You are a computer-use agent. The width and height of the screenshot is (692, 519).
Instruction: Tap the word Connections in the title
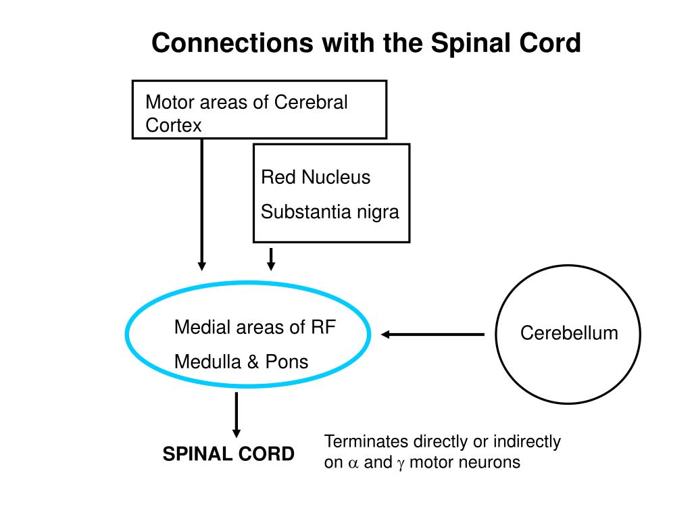232,43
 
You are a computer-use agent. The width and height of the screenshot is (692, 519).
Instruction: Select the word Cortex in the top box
174,125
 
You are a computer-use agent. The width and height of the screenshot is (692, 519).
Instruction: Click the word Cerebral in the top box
311,102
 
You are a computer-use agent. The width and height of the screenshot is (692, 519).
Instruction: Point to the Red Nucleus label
316,178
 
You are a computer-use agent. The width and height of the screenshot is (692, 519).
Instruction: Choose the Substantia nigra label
330,212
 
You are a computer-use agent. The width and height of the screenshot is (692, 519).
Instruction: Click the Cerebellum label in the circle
569,333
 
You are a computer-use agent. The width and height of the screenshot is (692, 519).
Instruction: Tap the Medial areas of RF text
255,328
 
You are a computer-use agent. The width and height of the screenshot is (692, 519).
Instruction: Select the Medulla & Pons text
241,362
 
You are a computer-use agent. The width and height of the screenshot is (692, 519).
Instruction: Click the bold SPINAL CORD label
228,454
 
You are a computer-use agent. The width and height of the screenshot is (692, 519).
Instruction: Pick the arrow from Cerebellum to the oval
433,335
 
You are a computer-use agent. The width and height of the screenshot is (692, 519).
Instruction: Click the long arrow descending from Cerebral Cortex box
201,204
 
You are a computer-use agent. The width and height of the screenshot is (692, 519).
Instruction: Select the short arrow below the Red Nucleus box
271,259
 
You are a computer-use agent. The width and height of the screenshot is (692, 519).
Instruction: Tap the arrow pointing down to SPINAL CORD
237,415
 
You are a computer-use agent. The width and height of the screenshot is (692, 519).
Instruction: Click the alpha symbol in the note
353,464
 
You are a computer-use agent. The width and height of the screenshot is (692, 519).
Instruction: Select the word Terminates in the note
366,441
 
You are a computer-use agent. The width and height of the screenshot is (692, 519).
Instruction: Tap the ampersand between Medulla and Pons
253,362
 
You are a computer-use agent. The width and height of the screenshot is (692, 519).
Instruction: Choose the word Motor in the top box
170,102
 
